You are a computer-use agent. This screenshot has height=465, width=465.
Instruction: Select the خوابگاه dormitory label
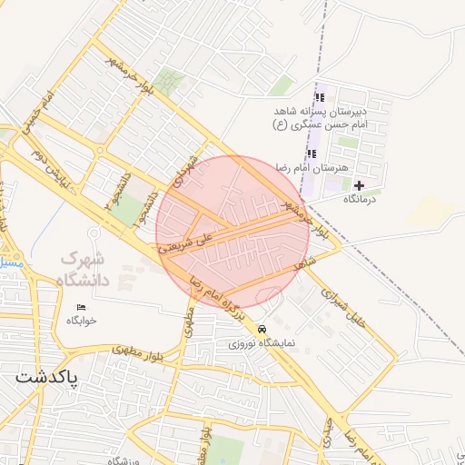tap(80, 321)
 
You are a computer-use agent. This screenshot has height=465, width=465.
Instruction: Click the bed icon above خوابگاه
tap(81, 308)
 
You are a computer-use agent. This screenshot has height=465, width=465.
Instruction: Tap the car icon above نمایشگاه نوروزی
tap(262, 329)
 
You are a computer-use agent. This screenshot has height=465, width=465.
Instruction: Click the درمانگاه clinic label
tap(360, 198)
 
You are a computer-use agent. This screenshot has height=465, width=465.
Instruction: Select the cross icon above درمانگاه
tap(360, 185)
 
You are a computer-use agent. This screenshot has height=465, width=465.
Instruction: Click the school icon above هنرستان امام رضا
tap(312, 153)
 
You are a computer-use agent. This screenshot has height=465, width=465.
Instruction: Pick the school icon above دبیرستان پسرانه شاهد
tap(319, 97)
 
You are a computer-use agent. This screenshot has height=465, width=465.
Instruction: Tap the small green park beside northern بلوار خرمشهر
tap(168, 82)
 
